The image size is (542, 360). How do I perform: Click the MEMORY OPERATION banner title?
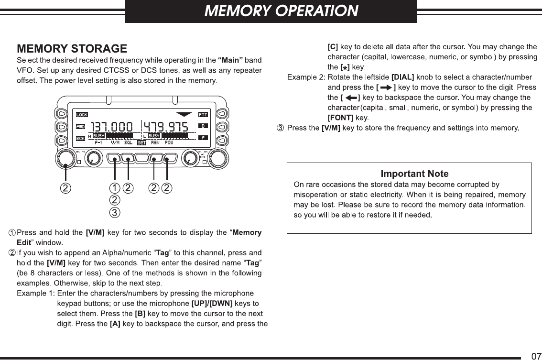(281, 11)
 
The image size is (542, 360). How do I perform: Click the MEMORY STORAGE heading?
(72, 49)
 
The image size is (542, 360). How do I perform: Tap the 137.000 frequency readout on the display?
(112, 127)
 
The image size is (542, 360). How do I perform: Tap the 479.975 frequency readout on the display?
(166, 127)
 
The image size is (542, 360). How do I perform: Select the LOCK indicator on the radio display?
(82, 115)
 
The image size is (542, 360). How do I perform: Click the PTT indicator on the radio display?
(203, 115)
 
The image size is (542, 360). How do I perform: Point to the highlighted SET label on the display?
(141, 142)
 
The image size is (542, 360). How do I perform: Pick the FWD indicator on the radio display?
(81, 127)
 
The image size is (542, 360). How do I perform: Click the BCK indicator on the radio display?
(81, 138)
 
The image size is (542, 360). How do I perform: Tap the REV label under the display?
(155, 142)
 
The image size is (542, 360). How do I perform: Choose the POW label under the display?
(169, 142)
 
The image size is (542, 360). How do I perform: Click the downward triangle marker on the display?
(184, 115)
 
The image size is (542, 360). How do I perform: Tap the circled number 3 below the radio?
(115, 211)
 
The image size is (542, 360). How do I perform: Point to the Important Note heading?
(414, 174)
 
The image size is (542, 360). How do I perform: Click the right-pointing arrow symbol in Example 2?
(386, 87)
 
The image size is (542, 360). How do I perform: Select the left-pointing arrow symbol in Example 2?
(351, 98)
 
